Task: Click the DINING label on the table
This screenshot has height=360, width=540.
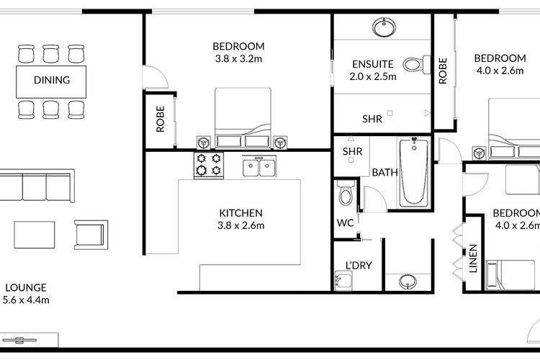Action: [x=52, y=80]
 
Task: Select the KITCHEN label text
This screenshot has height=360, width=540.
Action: [x=240, y=213]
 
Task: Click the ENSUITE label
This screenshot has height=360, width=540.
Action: [x=372, y=63]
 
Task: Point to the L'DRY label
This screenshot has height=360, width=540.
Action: [x=358, y=266]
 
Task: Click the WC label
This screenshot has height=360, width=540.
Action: [x=345, y=222]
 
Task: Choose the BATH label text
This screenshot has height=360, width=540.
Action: [x=384, y=173]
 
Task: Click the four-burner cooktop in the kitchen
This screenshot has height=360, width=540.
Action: [x=209, y=166]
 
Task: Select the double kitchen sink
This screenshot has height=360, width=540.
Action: [x=259, y=167]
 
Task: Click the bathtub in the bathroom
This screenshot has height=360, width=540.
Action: [x=414, y=173]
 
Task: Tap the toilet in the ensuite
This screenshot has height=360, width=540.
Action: [x=412, y=65]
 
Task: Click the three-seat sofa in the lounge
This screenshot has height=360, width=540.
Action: [x=36, y=185]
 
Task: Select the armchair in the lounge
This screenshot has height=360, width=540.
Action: [x=90, y=233]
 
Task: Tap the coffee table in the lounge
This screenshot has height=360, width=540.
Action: [x=35, y=234]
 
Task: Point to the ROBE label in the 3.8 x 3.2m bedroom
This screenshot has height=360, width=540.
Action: [x=161, y=120]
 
